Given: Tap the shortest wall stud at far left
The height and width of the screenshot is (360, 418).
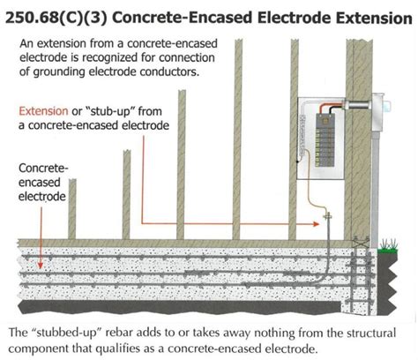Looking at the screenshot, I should (72, 212).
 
